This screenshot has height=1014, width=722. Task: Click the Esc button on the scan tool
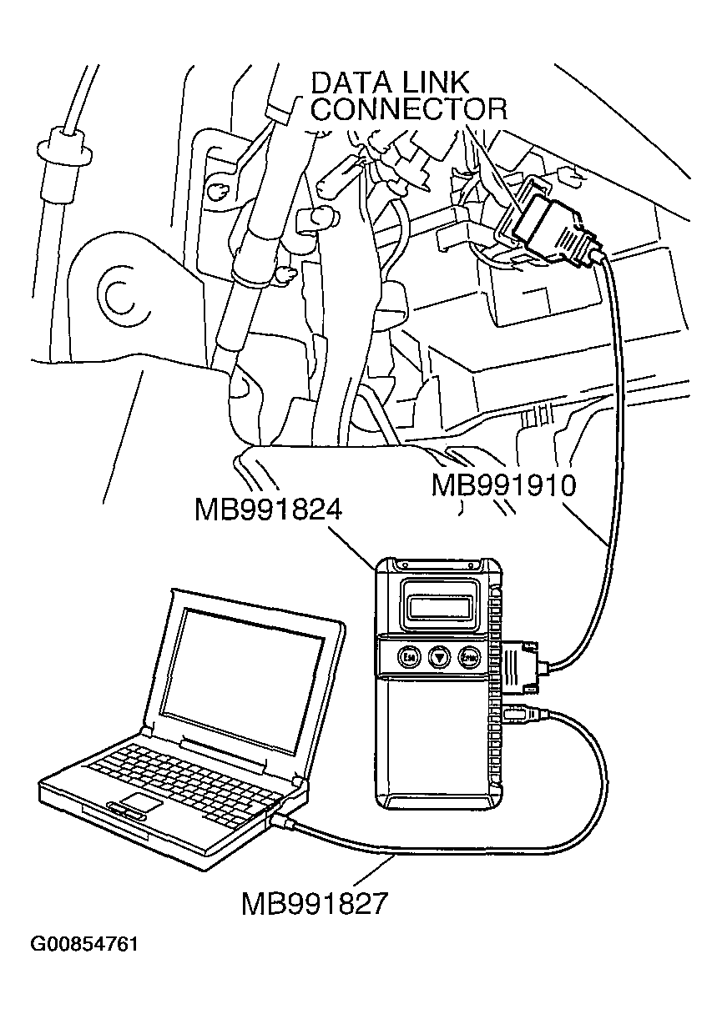point(409,657)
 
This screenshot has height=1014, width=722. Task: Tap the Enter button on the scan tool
point(469,657)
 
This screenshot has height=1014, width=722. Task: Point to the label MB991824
point(269,510)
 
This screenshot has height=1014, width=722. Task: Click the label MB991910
point(503,485)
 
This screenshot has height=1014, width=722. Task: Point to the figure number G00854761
point(83,945)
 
